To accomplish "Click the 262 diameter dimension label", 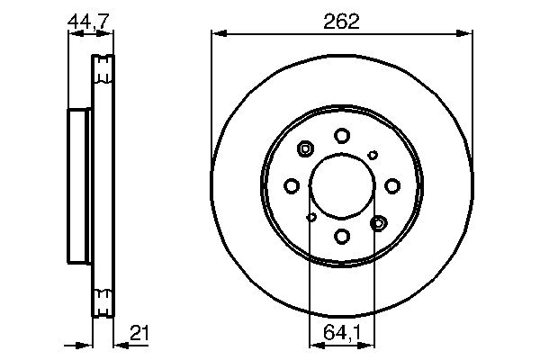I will pyautogui.click(x=342, y=22).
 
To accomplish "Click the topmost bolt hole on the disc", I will pyautogui.click(x=342, y=136).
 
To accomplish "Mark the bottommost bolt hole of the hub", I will pyautogui.click(x=342, y=236).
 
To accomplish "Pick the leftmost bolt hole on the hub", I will pyautogui.click(x=292, y=185).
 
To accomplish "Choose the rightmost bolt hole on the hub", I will pyautogui.click(x=392, y=185).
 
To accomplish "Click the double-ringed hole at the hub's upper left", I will pyautogui.click(x=305, y=149).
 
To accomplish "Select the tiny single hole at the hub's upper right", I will pyautogui.click(x=373, y=155).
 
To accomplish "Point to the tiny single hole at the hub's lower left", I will pyautogui.click(x=311, y=217).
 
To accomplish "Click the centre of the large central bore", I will pyautogui.click(x=342, y=185).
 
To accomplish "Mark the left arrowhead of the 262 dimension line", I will pyautogui.click(x=216, y=34).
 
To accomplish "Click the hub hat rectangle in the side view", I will pyautogui.click(x=80, y=185).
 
